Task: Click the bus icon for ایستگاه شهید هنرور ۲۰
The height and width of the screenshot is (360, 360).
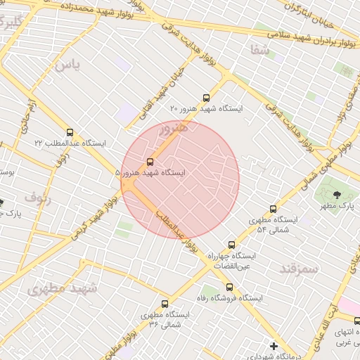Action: (206, 98)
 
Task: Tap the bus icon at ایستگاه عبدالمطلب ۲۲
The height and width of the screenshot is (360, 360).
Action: (70, 131)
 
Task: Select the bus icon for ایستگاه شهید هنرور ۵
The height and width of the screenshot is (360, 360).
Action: (150, 161)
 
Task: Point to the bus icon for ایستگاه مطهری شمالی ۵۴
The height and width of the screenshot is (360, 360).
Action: (274, 209)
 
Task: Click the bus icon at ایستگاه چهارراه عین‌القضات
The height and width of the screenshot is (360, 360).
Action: (231, 245)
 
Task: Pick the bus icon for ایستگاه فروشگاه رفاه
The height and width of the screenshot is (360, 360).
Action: (229, 286)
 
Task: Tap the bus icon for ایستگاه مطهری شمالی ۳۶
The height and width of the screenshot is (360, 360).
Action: (165, 304)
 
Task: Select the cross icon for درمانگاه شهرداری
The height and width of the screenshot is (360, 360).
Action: (274, 345)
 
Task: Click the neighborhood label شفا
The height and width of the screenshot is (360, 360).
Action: (259, 49)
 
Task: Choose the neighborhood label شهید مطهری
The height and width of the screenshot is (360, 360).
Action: (61, 288)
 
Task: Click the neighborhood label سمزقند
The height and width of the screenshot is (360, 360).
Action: (299, 268)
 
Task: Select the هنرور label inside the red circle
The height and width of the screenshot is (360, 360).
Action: (173, 129)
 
